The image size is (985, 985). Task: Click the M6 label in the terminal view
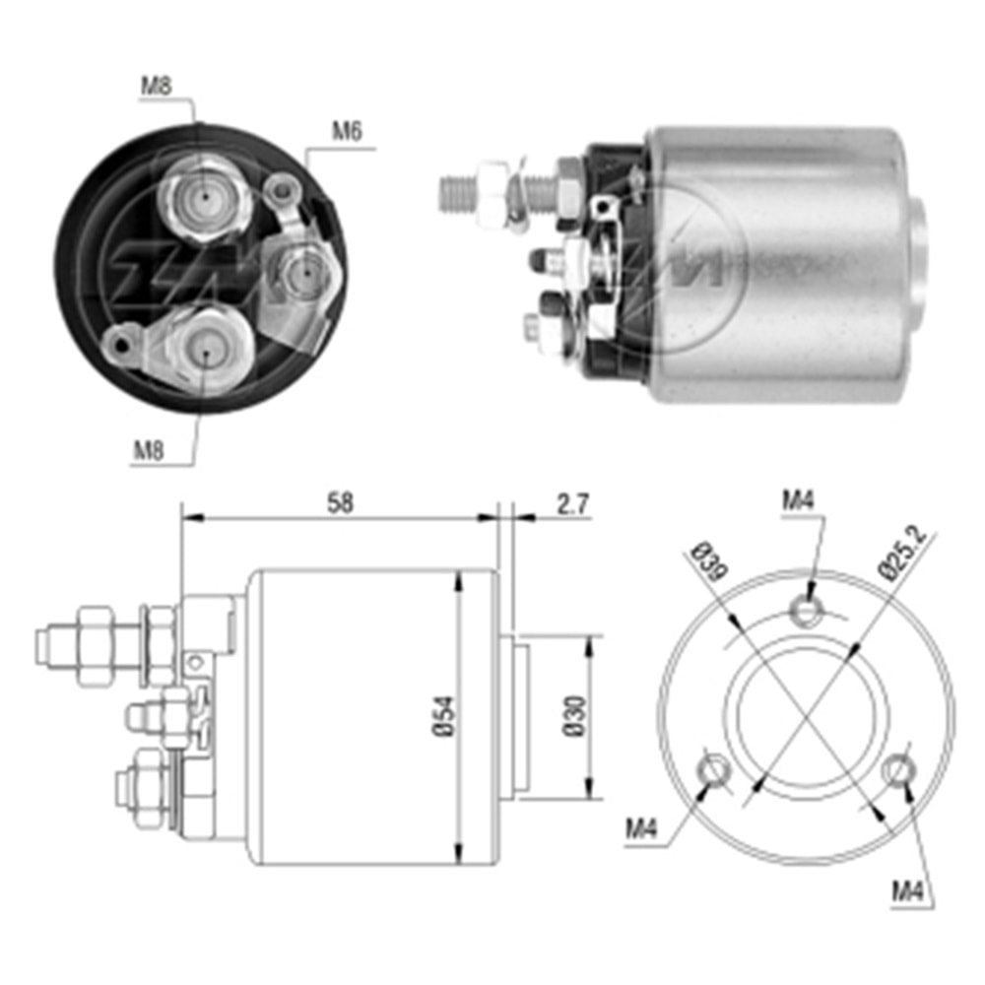pyautogui.click(x=345, y=132)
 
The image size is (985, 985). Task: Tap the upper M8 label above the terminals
pyautogui.click(x=156, y=85)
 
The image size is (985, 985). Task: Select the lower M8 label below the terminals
pyautogui.click(x=150, y=452)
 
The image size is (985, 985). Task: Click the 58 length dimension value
pyautogui.click(x=341, y=502)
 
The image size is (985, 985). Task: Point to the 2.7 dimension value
pyautogui.click(x=572, y=504)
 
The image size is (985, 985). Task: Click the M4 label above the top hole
pyautogui.click(x=798, y=500)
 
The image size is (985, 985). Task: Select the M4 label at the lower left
pyautogui.click(x=640, y=830)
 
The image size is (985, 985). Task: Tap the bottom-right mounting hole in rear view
pyautogui.click(x=899, y=769)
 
